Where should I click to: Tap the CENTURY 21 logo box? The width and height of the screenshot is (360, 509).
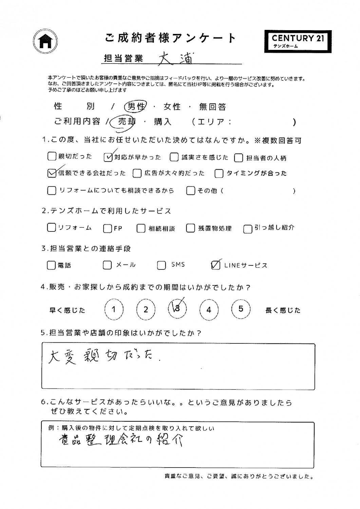(298, 41)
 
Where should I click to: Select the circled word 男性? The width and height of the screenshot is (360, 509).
(135, 107)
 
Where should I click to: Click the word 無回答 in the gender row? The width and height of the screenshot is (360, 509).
(212, 107)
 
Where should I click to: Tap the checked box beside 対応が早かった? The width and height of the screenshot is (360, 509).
(108, 157)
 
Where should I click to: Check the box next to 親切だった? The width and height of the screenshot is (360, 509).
(52, 156)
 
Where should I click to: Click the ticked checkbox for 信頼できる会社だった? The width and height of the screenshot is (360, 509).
(52, 173)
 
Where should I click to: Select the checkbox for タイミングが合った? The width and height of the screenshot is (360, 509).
(219, 174)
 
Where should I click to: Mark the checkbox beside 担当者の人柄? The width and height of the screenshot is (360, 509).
(239, 158)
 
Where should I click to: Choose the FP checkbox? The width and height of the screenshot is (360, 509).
(108, 228)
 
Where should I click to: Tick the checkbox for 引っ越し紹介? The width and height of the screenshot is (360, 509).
(248, 229)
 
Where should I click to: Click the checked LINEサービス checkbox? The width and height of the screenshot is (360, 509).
(215, 265)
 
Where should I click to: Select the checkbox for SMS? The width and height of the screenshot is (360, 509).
(162, 265)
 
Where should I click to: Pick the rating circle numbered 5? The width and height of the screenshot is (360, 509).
(241, 309)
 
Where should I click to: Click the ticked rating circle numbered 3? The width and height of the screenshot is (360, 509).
(177, 309)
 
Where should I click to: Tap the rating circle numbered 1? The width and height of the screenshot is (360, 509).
(114, 309)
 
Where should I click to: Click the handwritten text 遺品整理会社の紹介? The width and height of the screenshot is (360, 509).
(120, 441)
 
